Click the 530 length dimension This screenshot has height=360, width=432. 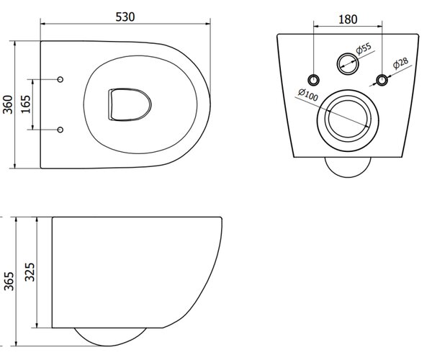[125, 17]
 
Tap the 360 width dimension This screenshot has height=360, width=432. [8, 104]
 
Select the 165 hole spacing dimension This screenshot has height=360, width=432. [26, 104]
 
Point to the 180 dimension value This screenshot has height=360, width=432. [348, 19]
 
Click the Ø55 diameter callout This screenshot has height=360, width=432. [364, 48]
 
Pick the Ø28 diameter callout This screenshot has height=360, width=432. [401, 63]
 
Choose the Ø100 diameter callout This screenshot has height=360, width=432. [308, 94]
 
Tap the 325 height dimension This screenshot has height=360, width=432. [30, 272]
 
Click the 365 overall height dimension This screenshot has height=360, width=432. [9, 281]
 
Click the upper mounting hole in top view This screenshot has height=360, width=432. [60, 79]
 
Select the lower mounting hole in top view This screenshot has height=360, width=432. [60, 130]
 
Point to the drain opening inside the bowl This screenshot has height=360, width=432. [130, 104]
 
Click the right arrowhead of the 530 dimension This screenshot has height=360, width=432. [208, 24]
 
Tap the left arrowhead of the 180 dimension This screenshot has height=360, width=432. [316, 27]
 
